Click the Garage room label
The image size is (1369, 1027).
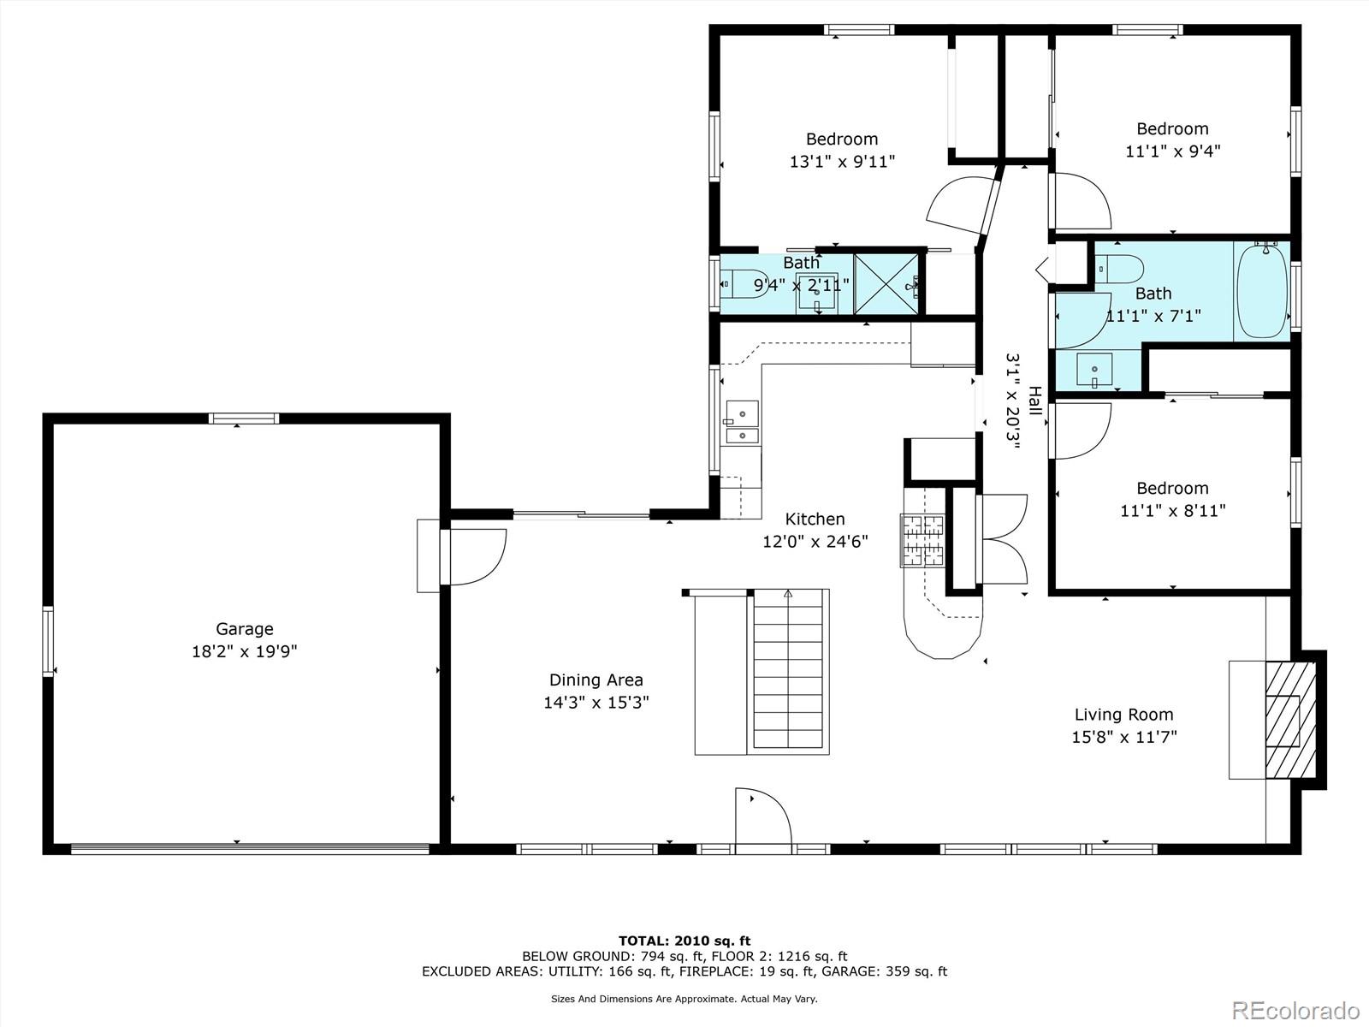point(245,628)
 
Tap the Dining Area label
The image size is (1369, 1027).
point(596,680)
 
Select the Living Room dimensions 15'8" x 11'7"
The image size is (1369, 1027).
point(1124,737)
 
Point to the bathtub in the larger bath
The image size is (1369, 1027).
point(1262,292)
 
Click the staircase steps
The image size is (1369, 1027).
point(788,669)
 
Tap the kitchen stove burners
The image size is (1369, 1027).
point(922,541)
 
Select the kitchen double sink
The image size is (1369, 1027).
point(742,422)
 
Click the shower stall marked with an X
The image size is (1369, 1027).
point(886,284)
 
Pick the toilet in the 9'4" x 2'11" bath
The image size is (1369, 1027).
point(744,284)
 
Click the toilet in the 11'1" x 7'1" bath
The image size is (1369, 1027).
point(1119,270)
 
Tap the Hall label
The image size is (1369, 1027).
point(1034,401)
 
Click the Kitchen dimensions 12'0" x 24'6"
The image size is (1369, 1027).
point(815,541)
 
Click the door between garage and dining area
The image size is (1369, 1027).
point(473,557)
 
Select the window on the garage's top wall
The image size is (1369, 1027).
point(244,419)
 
